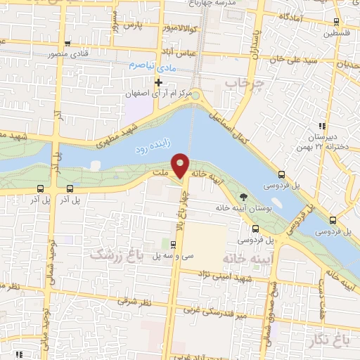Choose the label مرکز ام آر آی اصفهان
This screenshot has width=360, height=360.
154,94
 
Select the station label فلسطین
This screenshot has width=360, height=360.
337,33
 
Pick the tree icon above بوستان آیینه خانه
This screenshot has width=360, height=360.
244,198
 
